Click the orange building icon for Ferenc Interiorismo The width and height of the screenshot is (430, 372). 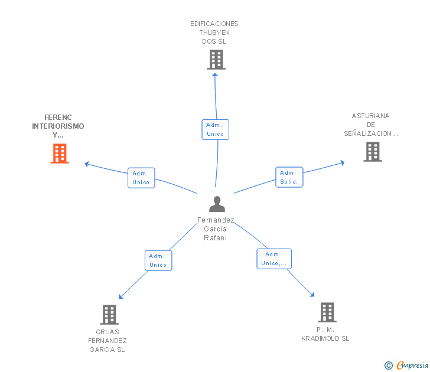coord(60,154)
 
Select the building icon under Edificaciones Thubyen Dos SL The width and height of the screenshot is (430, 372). coord(216,60)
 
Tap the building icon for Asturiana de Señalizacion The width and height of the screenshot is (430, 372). coord(373,152)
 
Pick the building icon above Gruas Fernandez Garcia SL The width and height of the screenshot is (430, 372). coord(109,315)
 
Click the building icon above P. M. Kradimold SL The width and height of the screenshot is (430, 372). coord(327,312)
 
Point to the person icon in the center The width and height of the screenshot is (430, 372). coord(217,204)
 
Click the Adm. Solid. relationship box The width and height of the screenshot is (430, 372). coord(289,177)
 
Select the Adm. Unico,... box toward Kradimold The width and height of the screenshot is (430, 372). coord(274,259)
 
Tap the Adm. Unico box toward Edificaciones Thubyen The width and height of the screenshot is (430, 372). coord(215,129)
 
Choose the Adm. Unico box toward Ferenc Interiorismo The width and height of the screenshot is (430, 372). coord(141,178)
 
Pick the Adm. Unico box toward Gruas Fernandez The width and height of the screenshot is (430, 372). coord(158,260)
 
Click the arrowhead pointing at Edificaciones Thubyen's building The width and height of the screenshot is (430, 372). coord(215,75)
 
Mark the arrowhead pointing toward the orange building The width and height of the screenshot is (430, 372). coord(87,164)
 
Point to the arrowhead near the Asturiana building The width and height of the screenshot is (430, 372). coord(343,162)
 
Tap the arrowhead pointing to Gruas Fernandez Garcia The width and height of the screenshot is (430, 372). coord(120,296)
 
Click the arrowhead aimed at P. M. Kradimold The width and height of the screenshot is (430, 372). coord(312,295)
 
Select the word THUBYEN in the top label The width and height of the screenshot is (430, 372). coord(214,32)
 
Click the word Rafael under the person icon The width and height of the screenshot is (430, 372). coord(215,238)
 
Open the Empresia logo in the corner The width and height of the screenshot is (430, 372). coord(407,365)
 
